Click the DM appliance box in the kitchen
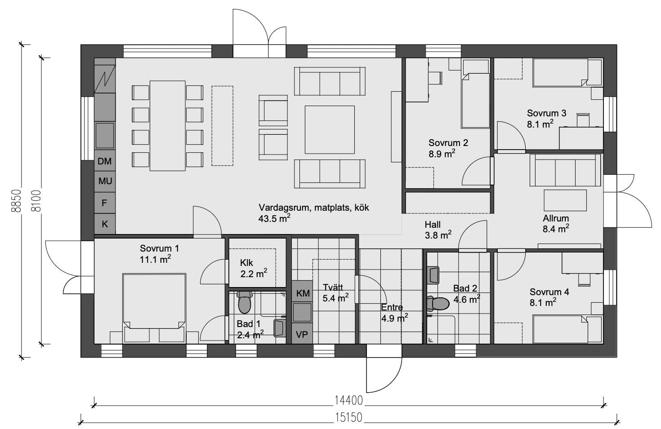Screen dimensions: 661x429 coord(105,161)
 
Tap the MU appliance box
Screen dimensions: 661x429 coord(105,181)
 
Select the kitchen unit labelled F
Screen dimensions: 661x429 coord(105,203)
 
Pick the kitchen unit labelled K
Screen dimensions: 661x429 coord(105,224)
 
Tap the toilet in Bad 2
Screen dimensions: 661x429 coord(438,303)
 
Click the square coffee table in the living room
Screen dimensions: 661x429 coord(330,130)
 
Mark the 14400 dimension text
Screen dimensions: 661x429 coord(348,400)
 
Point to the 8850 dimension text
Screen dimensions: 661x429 coord(16,200)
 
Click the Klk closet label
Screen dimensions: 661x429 coord(246,263)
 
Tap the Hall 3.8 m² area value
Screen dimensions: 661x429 coord(438,235)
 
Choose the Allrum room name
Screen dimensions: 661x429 coord(556,218)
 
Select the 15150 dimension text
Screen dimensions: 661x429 coord(348,417)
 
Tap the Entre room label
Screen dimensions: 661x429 coord(392,307)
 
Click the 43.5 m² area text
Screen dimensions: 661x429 coord(274,218)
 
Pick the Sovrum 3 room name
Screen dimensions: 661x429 coord(547,113)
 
